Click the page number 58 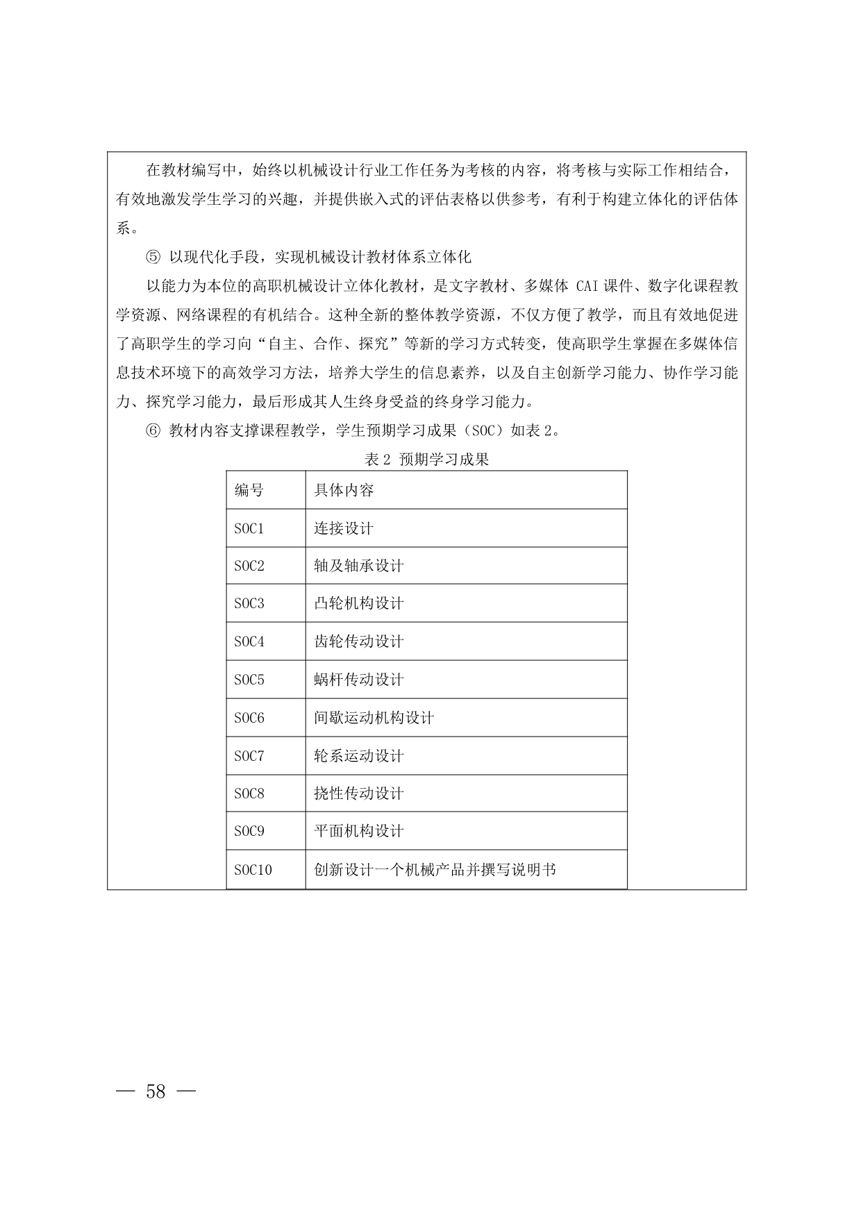pos(156,1091)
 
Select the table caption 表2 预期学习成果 pos(426,459)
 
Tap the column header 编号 pos(249,491)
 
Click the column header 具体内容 pos(344,491)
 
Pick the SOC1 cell pos(249,529)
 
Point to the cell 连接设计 pos(344,529)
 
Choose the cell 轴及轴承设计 pos(358,566)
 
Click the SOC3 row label pos(249,604)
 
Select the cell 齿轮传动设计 pos(358,642)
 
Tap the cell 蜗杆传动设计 pos(358,680)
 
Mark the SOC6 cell pos(249,718)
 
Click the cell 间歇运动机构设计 pos(374,718)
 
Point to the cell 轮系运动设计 pos(358,756)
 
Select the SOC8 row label pos(249,794)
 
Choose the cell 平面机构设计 pos(358,832)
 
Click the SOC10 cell pos(253,870)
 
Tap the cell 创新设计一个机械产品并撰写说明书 pos(435,870)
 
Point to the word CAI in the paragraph pos(587,286)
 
